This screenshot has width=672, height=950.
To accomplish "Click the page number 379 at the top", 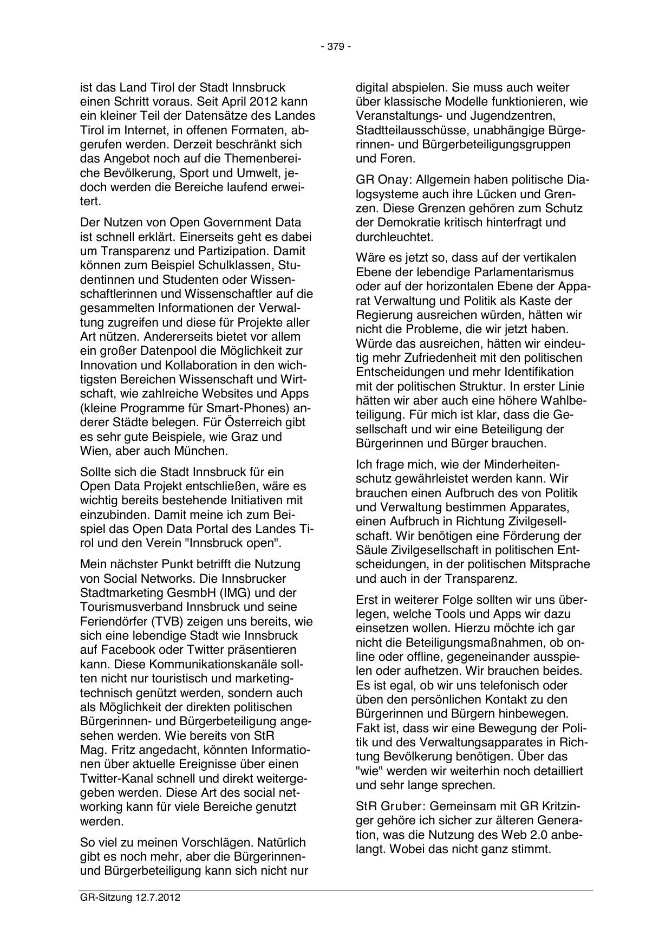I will coord(336,47).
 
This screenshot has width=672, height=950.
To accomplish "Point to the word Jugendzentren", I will coord(512,116).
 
